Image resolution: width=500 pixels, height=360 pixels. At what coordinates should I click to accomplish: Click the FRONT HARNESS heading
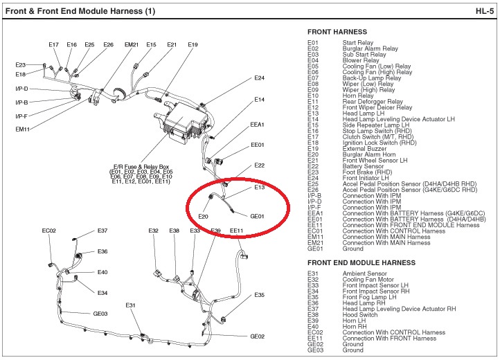tap(341, 32)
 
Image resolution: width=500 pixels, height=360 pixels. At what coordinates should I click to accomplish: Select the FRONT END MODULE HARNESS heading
tap(361, 263)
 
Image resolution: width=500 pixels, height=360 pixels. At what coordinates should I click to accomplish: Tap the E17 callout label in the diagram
tap(54, 45)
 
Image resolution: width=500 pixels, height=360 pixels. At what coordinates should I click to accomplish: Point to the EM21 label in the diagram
tap(132, 45)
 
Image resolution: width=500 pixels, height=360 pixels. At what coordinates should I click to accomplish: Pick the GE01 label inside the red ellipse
tap(257, 216)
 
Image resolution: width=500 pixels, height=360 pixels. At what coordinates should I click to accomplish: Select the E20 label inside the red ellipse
tap(203, 216)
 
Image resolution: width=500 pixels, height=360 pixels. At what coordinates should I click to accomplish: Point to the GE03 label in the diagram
tap(100, 314)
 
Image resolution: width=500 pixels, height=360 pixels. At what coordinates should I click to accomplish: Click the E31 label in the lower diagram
tap(131, 305)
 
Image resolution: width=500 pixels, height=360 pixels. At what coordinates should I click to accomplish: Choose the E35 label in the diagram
tap(259, 295)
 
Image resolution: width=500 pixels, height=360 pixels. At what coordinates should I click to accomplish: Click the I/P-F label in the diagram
tap(21, 116)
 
